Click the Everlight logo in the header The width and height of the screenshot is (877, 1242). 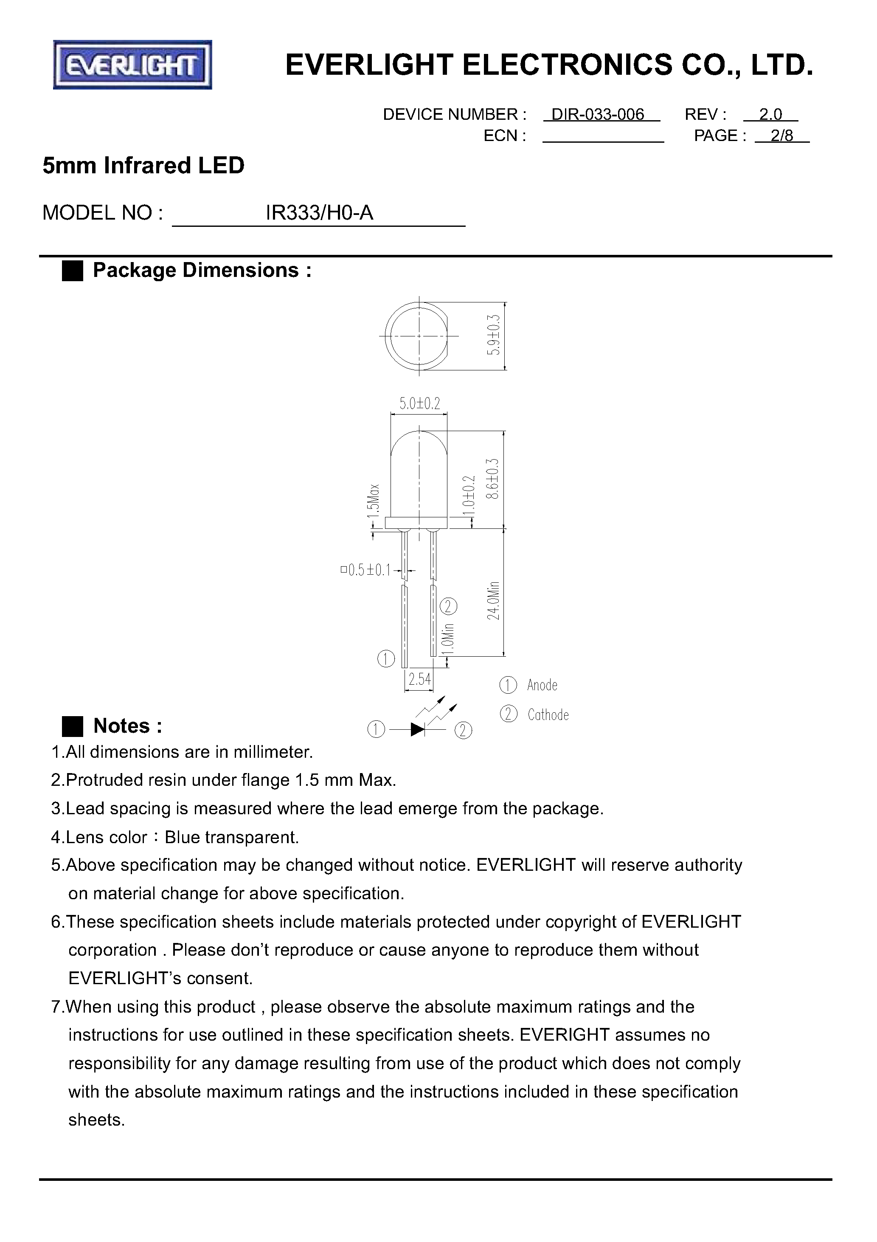pyautogui.click(x=132, y=65)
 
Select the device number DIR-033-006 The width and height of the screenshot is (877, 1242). pyautogui.click(x=597, y=114)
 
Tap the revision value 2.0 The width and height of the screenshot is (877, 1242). pyautogui.click(x=770, y=114)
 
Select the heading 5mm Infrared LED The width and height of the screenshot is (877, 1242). pyautogui.click(x=143, y=166)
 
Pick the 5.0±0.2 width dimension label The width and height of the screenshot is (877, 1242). pyautogui.click(x=419, y=403)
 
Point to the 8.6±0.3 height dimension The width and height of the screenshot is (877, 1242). pyautogui.click(x=492, y=478)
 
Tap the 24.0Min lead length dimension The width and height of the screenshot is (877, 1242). pyautogui.click(x=493, y=601)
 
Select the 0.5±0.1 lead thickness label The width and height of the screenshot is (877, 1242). pyautogui.click(x=367, y=570)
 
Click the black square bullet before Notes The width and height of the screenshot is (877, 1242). pyautogui.click(x=73, y=726)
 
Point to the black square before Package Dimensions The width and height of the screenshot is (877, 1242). pyautogui.click(x=73, y=271)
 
